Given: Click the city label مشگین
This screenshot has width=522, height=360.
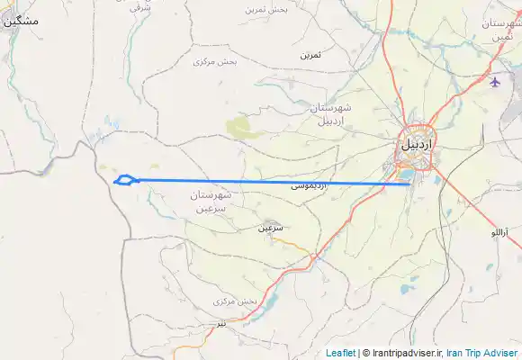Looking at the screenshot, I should click(x=22, y=20).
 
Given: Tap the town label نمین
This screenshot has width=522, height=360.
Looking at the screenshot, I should click(x=310, y=55).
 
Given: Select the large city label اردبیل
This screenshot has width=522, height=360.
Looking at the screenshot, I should click(x=416, y=144).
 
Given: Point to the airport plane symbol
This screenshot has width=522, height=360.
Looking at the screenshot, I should click(x=495, y=83).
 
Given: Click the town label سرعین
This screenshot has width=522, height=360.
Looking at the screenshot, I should click(x=271, y=228).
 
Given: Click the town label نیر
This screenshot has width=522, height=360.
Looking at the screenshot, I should click(x=221, y=321).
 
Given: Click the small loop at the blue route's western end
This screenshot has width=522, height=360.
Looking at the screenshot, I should click(x=126, y=180).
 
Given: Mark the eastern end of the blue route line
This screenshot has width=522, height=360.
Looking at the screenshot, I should click(x=409, y=184).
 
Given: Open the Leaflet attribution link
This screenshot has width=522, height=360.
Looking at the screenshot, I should click(x=340, y=353).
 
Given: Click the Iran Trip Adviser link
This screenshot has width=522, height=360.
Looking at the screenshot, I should click(x=482, y=353).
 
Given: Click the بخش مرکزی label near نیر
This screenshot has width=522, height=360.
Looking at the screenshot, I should click(x=236, y=301).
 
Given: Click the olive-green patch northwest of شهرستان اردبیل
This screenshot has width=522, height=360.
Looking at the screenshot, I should click(x=243, y=129).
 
